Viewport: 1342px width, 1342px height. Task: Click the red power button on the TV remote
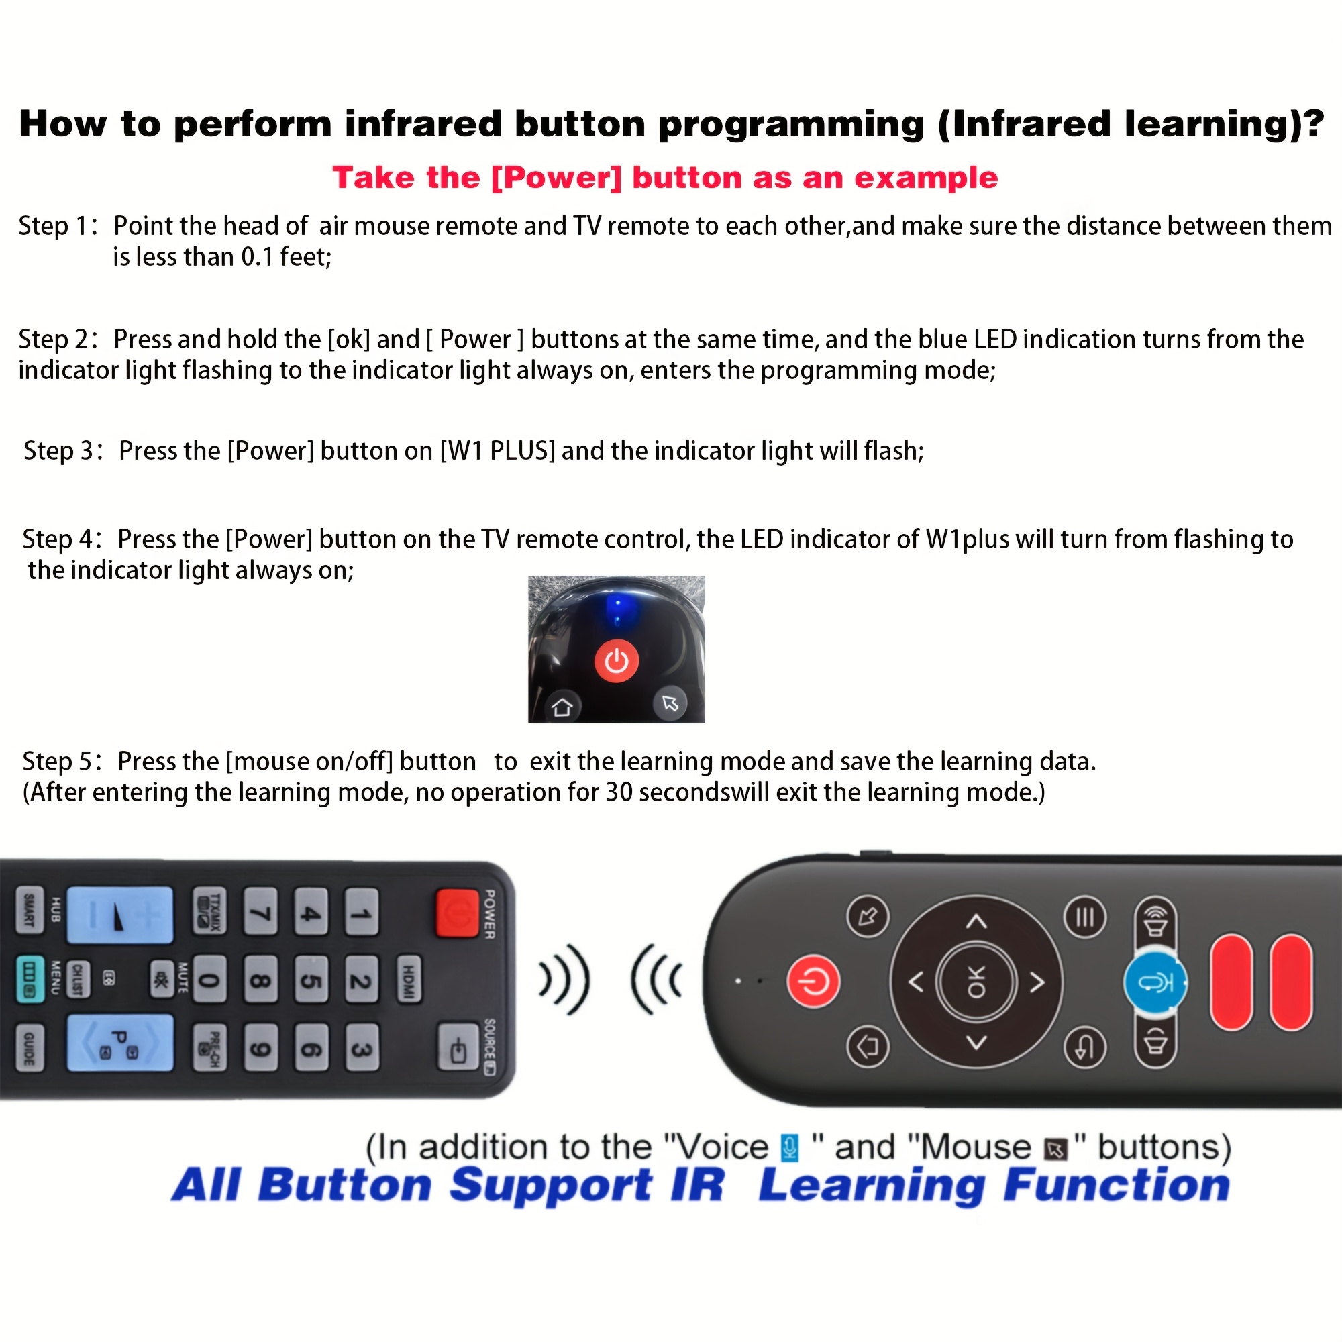tap(456, 913)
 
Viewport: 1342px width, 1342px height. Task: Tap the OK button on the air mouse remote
tap(976, 982)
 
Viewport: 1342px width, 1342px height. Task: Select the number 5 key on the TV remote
tap(311, 981)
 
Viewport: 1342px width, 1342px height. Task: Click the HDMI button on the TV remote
tap(409, 980)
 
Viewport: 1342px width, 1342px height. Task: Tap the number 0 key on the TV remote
tap(209, 981)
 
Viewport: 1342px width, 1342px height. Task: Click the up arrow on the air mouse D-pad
tap(976, 922)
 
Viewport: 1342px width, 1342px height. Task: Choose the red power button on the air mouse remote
tap(813, 982)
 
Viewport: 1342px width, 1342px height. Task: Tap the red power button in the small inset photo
tap(616, 660)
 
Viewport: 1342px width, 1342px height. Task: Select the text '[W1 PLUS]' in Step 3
tap(497, 451)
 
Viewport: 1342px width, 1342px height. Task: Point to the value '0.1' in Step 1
tap(257, 257)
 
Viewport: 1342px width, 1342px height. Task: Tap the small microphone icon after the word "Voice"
tap(789, 1147)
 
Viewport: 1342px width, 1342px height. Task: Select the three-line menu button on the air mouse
tap(1084, 917)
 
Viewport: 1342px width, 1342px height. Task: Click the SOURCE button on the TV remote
tap(458, 1047)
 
